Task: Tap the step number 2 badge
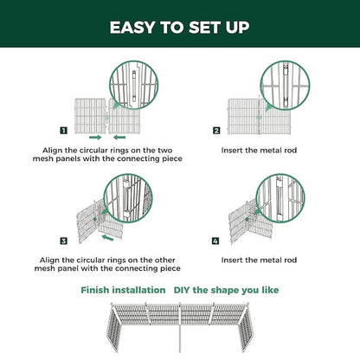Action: tap(216, 131)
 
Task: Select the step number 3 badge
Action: tap(64, 239)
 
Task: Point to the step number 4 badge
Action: tap(216, 239)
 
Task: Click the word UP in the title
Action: tap(237, 26)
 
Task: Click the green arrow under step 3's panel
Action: tap(107, 235)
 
